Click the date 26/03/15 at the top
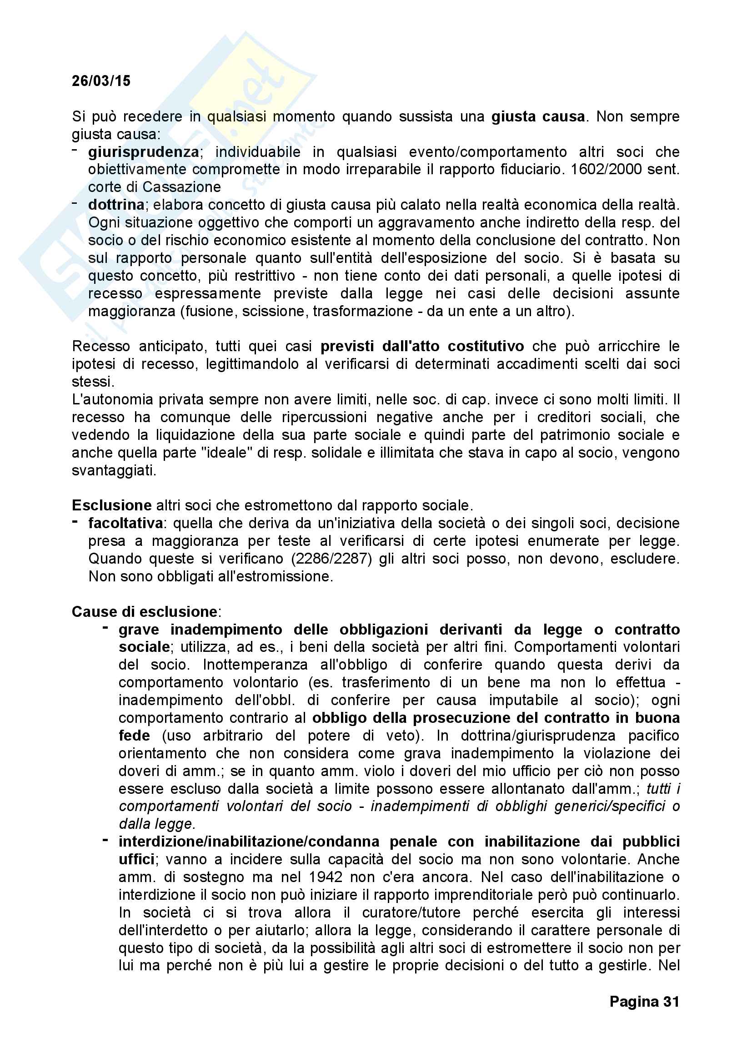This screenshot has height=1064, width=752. (101, 81)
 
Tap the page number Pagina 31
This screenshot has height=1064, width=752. (644, 1014)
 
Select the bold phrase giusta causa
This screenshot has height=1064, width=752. (538, 116)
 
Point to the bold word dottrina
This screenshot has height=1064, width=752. (116, 205)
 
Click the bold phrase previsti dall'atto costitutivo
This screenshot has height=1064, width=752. (422, 346)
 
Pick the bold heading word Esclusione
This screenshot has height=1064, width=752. (111, 505)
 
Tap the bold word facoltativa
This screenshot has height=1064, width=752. (125, 523)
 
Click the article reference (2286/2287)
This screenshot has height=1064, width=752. (331, 559)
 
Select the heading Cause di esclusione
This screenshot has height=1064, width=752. (144, 612)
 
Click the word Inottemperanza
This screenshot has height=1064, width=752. (255, 665)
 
